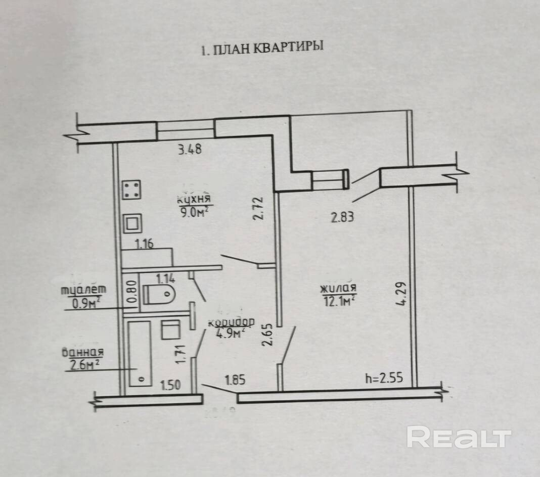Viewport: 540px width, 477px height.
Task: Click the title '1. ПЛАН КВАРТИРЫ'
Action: (x=262, y=49)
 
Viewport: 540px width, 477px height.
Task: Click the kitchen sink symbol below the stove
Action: (x=133, y=223)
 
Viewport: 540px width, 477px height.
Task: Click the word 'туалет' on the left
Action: (x=83, y=290)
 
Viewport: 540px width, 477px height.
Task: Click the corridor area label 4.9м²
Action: (x=230, y=333)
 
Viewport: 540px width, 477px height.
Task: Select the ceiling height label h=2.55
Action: (x=384, y=378)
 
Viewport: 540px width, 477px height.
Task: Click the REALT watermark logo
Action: (x=459, y=438)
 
